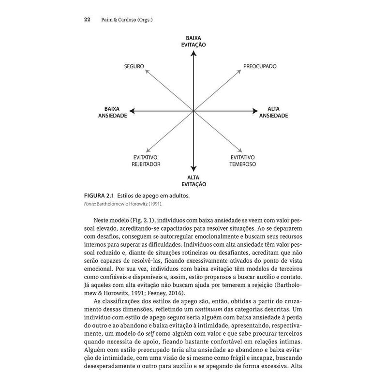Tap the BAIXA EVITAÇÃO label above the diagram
click(x=193, y=41)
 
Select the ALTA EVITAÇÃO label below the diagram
click(x=193, y=181)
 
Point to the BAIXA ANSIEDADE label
click(x=112, y=112)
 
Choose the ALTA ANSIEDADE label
click(x=274, y=112)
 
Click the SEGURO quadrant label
click(x=134, y=65)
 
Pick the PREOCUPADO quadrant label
click(x=259, y=65)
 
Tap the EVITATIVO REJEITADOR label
click(x=146, y=161)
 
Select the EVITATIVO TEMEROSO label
click(x=243, y=161)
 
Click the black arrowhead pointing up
click(x=193, y=53)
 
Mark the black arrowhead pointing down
click(x=193, y=170)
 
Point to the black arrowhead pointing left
click(x=132, y=112)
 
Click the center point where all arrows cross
click(x=193, y=112)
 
